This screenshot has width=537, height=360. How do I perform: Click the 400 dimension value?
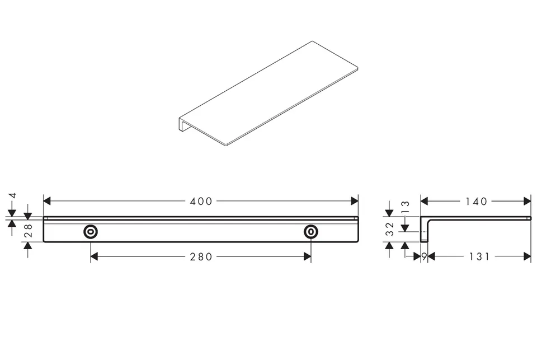(x=201, y=201)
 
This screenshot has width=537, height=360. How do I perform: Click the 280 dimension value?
(x=201, y=256)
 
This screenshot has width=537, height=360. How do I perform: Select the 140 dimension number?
(x=476, y=201)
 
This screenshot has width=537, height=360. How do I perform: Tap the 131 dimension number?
(x=479, y=256)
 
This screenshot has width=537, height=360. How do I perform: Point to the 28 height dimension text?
(x=28, y=231)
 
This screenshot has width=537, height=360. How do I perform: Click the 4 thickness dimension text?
(x=13, y=195)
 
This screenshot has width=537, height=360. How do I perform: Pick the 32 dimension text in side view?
(x=390, y=229)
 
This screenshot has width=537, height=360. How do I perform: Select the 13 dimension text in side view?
(x=405, y=207)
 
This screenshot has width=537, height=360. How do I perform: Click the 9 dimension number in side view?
(x=425, y=256)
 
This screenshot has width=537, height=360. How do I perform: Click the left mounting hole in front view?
(x=91, y=232)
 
